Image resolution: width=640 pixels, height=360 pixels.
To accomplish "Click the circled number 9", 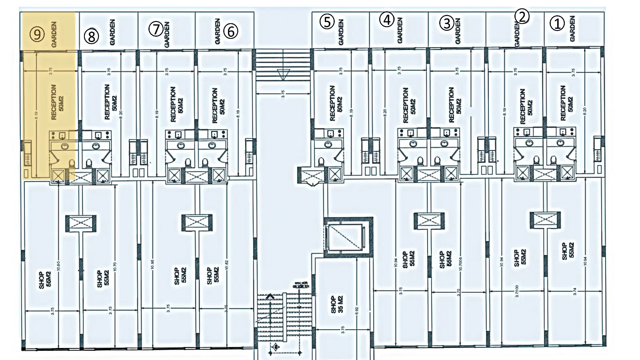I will (x=37, y=34).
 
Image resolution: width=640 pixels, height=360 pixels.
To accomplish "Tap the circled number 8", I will (x=91, y=36).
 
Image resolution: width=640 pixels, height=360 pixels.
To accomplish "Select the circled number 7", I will (x=156, y=29).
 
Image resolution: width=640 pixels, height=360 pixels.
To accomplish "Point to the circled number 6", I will (x=231, y=31).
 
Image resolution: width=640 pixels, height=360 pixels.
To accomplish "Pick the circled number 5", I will (x=327, y=22).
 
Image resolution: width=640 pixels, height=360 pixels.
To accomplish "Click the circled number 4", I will (x=386, y=20).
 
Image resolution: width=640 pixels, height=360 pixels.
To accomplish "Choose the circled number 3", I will (x=446, y=23).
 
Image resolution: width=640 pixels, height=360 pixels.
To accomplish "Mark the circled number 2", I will (x=522, y=16).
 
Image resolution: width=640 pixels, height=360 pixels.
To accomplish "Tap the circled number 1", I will (x=557, y=23).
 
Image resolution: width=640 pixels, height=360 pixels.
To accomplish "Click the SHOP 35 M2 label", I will (x=337, y=304).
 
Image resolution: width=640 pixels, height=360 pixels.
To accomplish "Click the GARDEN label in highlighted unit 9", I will (x=54, y=34).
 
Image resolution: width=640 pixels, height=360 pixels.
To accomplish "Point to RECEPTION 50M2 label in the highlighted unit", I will (x=57, y=102).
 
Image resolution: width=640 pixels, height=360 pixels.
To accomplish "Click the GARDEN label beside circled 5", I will (x=341, y=32).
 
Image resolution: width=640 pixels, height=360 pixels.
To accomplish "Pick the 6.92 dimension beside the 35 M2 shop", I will (x=357, y=311).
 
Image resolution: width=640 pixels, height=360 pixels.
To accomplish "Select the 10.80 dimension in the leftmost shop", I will (x=59, y=266).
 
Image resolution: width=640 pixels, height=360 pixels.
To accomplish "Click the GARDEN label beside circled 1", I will (x=572, y=29).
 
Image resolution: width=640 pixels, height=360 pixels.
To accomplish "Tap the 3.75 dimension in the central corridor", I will (x=283, y=94).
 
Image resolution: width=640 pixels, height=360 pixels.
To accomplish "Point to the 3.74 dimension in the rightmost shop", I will (x=575, y=292).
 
